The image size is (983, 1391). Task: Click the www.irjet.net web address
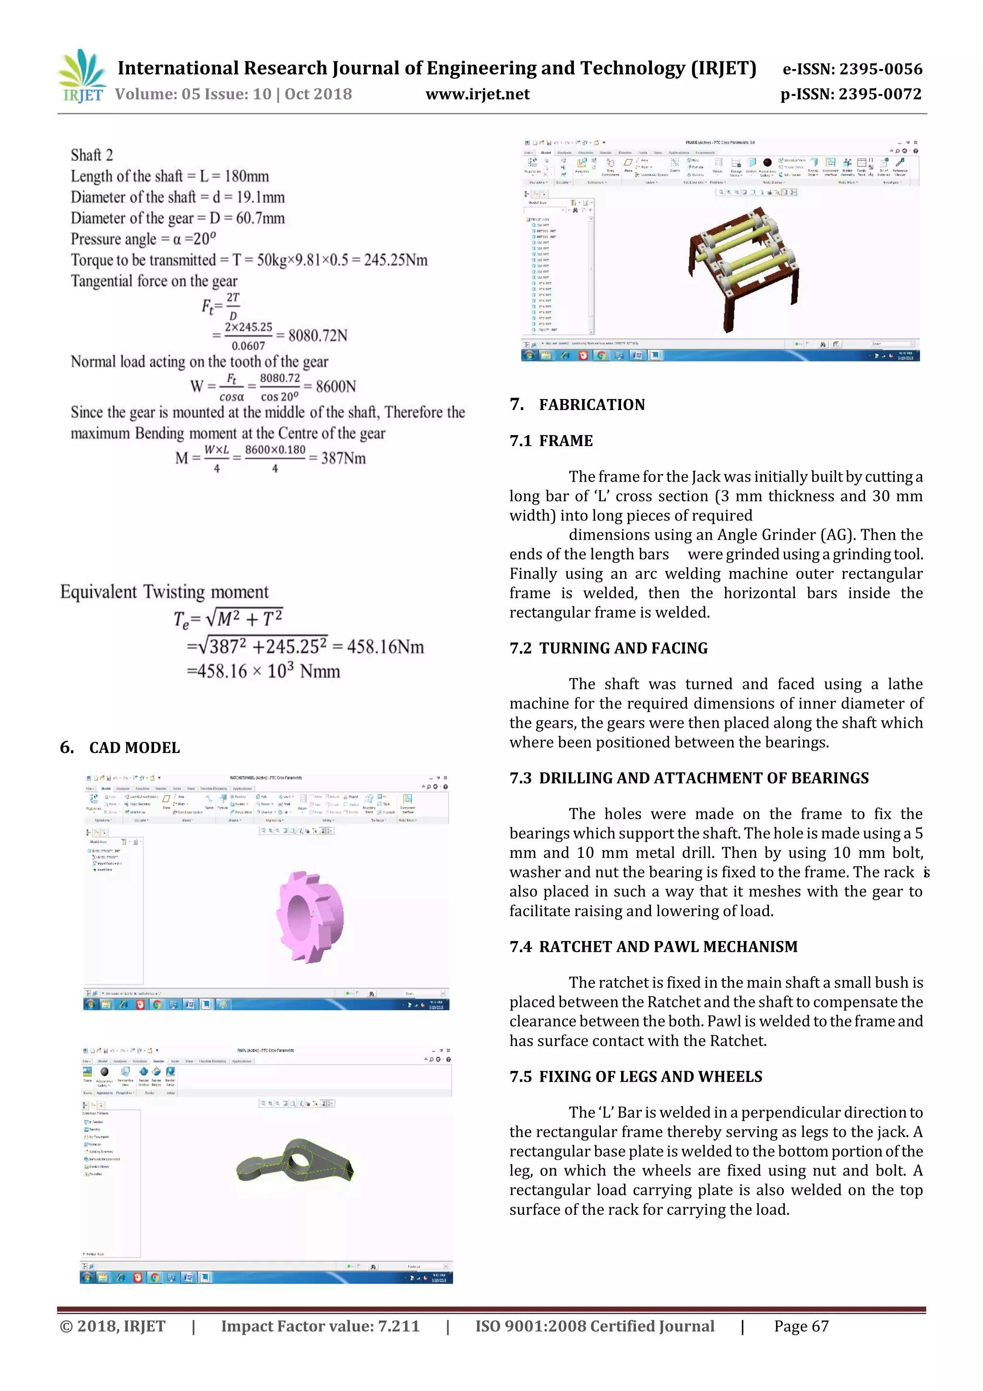(477, 94)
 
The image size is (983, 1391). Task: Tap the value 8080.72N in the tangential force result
(317, 336)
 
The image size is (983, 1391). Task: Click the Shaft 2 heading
(92, 155)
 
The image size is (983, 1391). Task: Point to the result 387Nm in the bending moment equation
(343, 458)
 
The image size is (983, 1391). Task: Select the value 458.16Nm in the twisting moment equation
(385, 647)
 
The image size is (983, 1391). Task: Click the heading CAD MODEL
(134, 748)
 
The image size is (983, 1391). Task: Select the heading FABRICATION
(592, 405)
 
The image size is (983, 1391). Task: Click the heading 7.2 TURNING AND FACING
(608, 648)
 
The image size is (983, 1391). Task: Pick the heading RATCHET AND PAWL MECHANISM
(668, 946)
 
